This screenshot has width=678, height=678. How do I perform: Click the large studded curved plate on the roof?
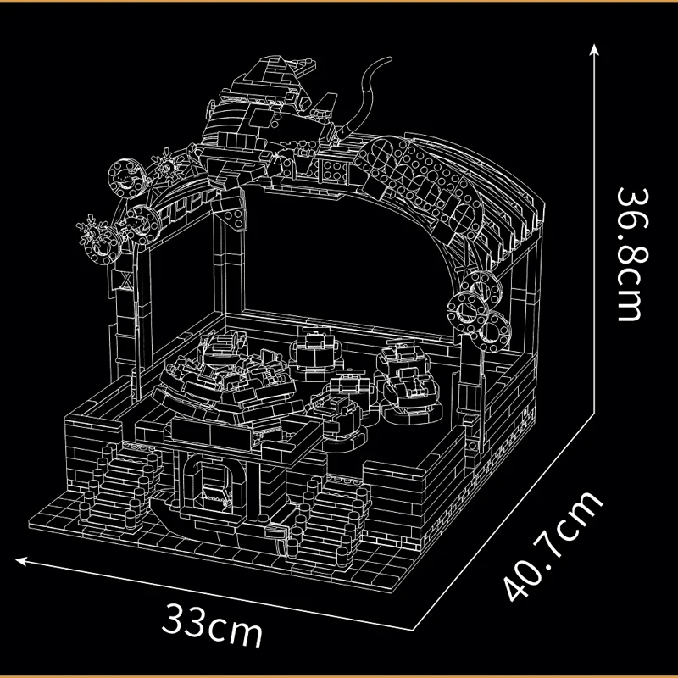pos(441,182)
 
